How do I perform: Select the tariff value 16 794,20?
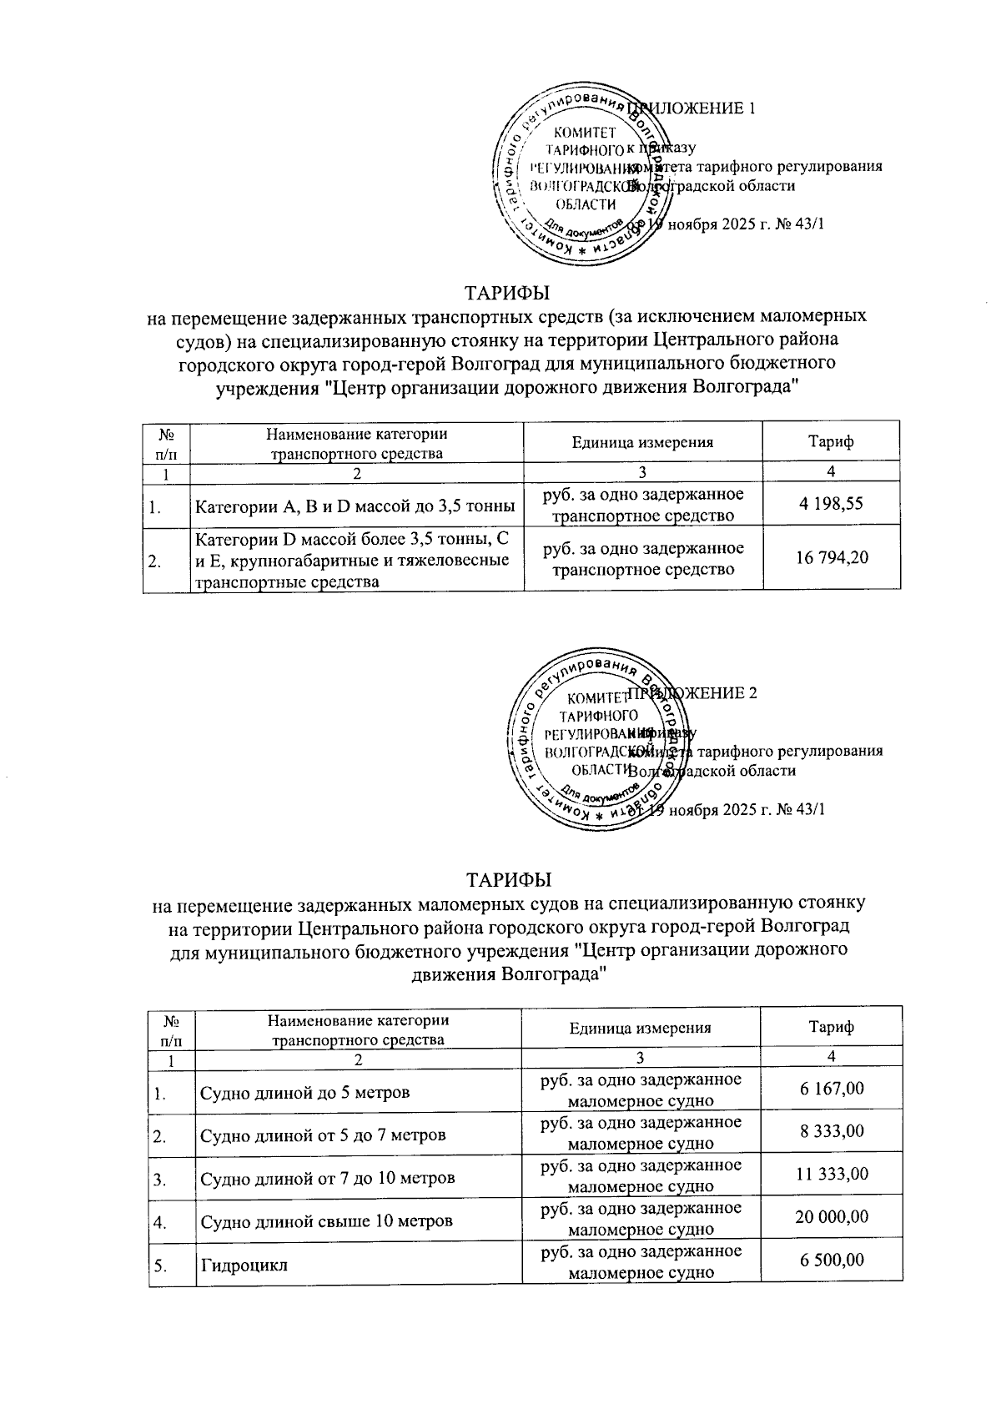(832, 556)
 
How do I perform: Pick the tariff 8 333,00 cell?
(832, 1131)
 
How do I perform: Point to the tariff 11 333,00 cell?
(832, 1175)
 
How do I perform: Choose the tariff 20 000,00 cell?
(832, 1217)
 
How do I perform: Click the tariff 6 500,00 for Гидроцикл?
(832, 1260)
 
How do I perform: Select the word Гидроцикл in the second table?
(244, 1266)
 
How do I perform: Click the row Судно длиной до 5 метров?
(304, 1092)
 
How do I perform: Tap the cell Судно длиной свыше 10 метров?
(326, 1221)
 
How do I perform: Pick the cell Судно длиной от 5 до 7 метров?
(322, 1135)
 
